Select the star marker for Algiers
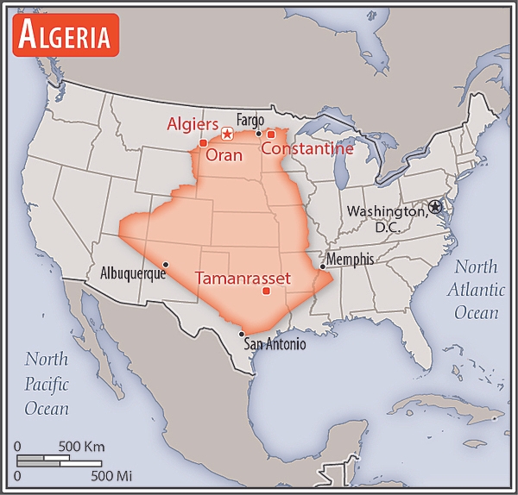(x=227, y=133)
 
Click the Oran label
(x=224, y=156)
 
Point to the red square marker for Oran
(x=203, y=143)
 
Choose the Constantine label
(x=307, y=149)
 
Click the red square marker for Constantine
(x=270, y=135)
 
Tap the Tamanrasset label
(x=243, y=279)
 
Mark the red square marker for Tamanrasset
(x=266, y=291)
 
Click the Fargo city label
(x=250, y=120)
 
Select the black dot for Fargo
(x=258, y=133)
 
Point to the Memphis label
(x=351, y=259)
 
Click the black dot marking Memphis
(x=322, y=267)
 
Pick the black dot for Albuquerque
(x=165, y=264)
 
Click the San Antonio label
(x=275, y=344)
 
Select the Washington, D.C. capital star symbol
(x=434, y=207)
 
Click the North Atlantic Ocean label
(x=477, y=290)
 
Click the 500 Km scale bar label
(x=82, y=447)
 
